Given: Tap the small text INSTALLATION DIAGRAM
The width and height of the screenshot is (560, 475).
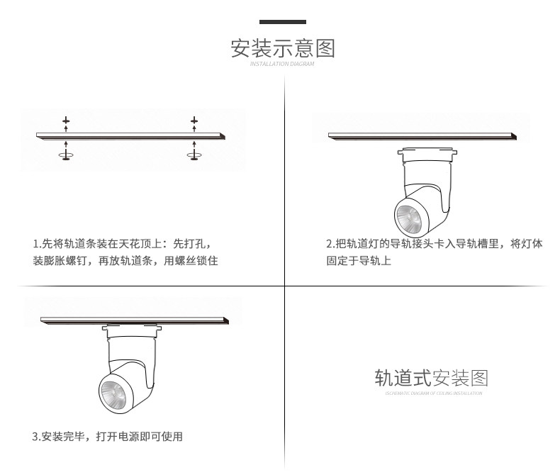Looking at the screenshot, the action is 282,64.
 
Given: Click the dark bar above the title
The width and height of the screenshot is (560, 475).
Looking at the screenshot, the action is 282,23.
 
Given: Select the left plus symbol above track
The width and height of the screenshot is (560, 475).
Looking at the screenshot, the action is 66,122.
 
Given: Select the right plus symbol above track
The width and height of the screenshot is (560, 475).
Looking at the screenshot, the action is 194,122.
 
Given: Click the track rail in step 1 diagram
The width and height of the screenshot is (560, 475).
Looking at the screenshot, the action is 131,135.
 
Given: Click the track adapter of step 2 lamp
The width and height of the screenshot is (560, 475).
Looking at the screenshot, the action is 425,151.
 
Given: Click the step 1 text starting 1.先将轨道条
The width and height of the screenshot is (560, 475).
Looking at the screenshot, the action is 122,244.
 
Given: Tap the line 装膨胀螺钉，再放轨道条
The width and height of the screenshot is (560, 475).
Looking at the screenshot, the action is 125,262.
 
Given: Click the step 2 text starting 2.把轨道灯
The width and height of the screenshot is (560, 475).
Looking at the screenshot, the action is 434,244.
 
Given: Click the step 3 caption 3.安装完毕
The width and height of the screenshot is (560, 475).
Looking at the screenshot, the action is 107,436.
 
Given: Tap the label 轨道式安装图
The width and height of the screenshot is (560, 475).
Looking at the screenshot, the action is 432,377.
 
